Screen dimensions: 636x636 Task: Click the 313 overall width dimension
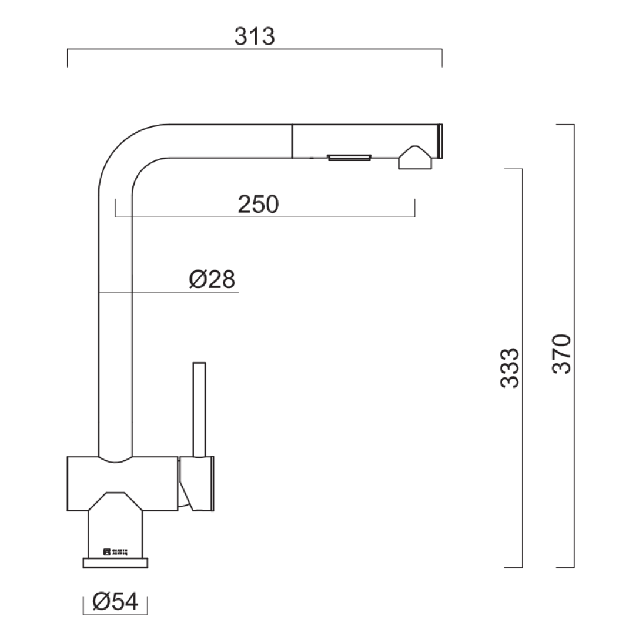[x=255, y=36]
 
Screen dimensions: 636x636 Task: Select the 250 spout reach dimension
[x=257, y=204]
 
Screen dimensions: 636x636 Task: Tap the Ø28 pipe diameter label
[x=212, y=279]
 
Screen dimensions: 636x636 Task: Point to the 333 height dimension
[x=510, y=368]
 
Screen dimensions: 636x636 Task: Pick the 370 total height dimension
[x=562, y=354]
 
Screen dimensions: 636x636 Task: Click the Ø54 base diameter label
[x=115, y=601]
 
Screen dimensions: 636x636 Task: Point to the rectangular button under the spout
[x=349, y=157]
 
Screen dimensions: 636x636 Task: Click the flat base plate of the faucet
[x=115, y=563]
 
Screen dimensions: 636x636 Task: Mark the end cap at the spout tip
[x=438, y=141]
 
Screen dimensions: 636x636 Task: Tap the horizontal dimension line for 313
[x=255, y=51]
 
